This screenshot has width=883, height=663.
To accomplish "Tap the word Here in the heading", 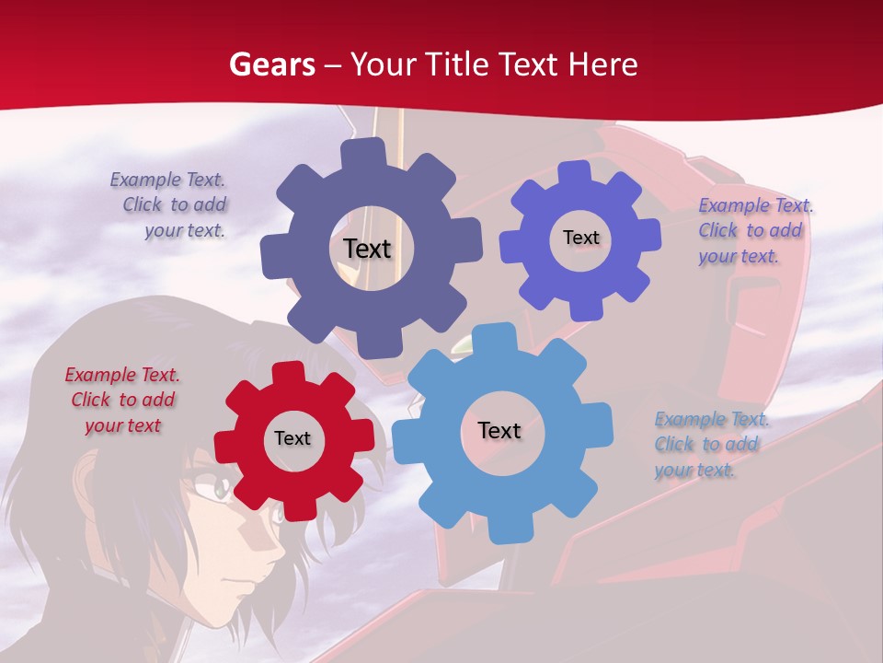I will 602,64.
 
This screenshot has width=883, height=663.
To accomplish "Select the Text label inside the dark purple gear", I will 367,249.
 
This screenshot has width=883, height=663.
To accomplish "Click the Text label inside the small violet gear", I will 580,238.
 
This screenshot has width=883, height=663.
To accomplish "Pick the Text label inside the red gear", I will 292,438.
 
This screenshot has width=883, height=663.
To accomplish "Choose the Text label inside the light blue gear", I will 499,430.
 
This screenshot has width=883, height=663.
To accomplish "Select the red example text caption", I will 122,400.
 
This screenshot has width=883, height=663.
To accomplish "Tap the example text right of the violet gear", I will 755,230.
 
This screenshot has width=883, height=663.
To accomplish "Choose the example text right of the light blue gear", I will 711,444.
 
